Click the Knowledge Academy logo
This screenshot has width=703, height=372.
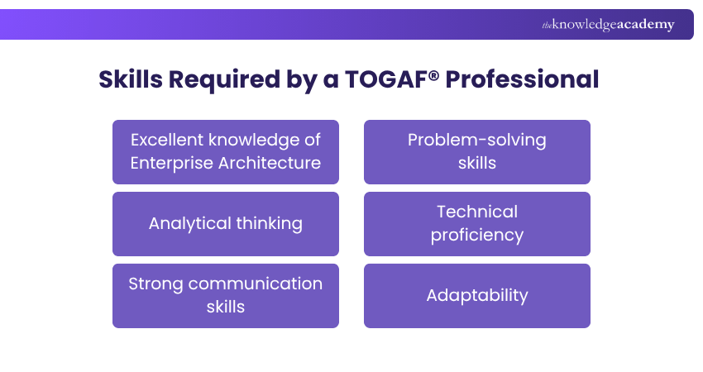pyautogui.click(x=608, y=25)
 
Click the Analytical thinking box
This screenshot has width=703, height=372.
pyautogui.click(x=226, y=224)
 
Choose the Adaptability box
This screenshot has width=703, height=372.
pyautogui.click(x=477, y=296)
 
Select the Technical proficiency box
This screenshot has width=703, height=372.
pyautogui.click(x=477, y=224)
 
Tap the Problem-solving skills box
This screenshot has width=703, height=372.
pyautogui.click(x=477, y=151)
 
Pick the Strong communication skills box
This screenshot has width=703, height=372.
pyautogui.click(x=226, y=296)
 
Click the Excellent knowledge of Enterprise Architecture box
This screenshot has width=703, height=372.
pyautogui.click(x=226, y=151)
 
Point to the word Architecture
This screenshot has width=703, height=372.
pyautogui.click(x=270, y=163)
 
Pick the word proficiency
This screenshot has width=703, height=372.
pyautogui.click(x=477, y=236)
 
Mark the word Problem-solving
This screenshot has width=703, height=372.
pyautogui.click(x=477, y=140)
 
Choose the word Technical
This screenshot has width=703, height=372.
pyautogui.click(x=477, y=212)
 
